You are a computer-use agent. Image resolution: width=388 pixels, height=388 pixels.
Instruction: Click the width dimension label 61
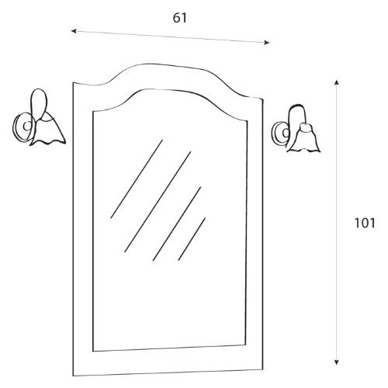tap(179, 18)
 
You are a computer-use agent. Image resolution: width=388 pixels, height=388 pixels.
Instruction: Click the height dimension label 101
tap(365, 223)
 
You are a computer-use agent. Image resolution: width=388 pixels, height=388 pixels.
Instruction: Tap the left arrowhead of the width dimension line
tap(74, 31)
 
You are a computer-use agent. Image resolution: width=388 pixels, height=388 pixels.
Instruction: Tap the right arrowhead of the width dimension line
tap(266, 43)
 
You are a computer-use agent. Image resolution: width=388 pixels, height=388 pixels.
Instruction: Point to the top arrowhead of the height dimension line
tap(336, 82)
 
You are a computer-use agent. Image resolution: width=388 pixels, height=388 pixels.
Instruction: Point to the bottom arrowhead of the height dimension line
tap(336, 362)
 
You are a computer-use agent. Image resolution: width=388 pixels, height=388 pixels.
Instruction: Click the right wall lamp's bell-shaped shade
tap(304, 139)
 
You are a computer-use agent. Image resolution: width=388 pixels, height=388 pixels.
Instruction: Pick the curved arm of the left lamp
tap(39, 103)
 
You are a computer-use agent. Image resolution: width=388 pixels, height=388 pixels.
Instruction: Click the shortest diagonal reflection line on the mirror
tap(192, 239)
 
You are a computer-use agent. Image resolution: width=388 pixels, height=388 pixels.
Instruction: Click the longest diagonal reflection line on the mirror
tap(158, 202)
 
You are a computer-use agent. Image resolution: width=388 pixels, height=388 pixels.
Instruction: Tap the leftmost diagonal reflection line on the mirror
tap(137, 179)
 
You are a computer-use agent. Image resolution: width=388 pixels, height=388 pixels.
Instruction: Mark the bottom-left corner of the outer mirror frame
tap(73, 376)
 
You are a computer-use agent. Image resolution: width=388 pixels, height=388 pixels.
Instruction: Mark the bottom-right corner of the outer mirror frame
tap(263, 369)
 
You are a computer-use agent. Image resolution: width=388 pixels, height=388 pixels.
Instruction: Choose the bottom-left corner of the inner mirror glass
tap(93, 352)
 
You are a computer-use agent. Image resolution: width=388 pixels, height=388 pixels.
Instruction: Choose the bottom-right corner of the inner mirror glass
tap(244, 345)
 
